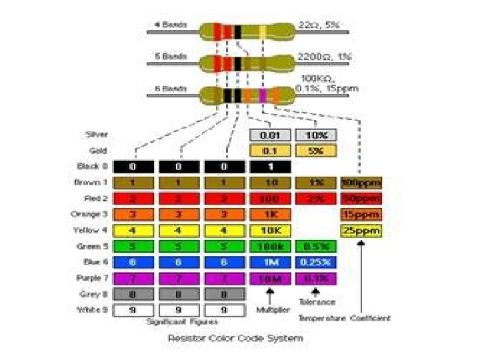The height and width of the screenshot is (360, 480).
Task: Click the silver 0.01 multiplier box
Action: pyautogui.click(x=270, y=135)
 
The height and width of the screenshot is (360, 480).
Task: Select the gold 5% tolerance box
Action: pyautogui.click(x=315, y=151)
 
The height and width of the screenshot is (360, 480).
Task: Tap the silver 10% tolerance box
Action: pyautogui.click(x=315, y=135)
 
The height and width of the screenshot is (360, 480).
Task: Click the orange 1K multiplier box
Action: pyautogui.click(x=270, y=214)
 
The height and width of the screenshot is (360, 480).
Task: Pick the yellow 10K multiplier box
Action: pyautogui.click(x=270, y=231)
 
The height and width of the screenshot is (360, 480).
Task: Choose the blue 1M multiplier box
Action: pyautogui.click(x=270, y=263)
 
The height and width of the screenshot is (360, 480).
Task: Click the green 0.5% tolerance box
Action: pyautogui.click(x=315, y=247)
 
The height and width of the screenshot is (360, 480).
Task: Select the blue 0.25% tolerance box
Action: pyautogui.click(x=315, y=263)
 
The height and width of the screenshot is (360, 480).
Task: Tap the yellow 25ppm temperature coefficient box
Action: pyautogui.click(x=361, y=231)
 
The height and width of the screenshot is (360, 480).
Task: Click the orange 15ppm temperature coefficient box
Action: pyautogui.click(x=361, y=214)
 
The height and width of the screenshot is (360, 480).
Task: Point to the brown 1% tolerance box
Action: pyautogui.click(x=315, y=182)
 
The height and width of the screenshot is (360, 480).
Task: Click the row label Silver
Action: pyautogui.click(x=97, y=135)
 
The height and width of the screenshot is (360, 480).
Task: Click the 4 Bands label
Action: pyautogui.click(x=171, y=25)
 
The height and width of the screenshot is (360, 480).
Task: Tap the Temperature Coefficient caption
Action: pyautogui.click(x=344, y=318)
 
